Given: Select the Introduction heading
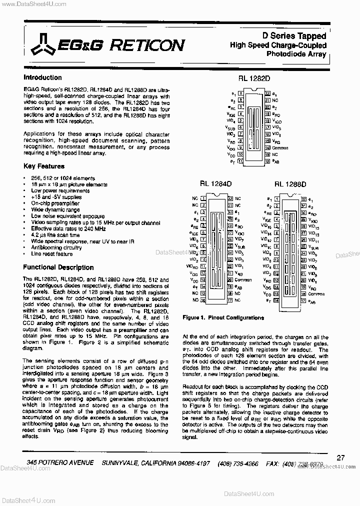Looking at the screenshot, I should pyautogui.click(x=42, y=77).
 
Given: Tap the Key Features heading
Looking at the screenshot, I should pyautogui.click(x=44, y=166).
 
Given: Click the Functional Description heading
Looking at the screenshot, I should pyautogui.click(x=58, y=267).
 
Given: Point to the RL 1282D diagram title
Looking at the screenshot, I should pyautogui.click(x=253, y=78).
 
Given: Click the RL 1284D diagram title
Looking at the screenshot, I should pyautogui.click(x=215, y=183).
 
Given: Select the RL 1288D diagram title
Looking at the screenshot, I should pyautogui.click(x=290, y=183).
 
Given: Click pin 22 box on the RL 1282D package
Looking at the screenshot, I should pyautogui.click(x=268, y=93).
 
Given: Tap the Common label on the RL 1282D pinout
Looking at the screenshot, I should pyautogui.click(x=280, y=148).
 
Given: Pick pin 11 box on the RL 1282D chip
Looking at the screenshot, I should pyautogui.click(x=240, y=161).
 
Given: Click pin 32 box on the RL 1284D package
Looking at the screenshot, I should pyautogui.click(x=229, y=198).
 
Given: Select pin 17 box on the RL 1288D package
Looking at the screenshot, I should pyautogui.click(x=303, y=301).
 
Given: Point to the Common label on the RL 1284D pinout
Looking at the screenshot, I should pyautogui.click(x=243, y=280).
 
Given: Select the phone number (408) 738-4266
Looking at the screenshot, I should pyautogui.click(x=238, y=463).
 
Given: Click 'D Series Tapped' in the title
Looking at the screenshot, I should pyautogui.click(x=301, y=36).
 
